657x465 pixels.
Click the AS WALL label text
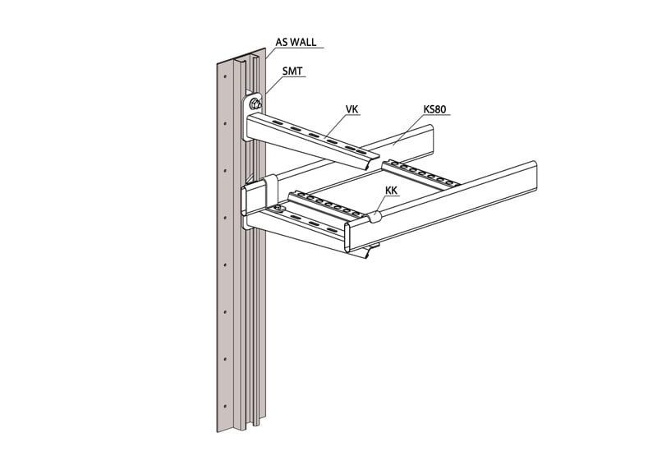296,43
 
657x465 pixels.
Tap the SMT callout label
292,71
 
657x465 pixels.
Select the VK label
352,109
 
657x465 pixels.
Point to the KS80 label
434,109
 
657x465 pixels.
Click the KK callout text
392,191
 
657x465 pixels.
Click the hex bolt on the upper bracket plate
255,104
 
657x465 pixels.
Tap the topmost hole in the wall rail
225,77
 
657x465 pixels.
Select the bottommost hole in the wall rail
225,406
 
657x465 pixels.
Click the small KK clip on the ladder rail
374,216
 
